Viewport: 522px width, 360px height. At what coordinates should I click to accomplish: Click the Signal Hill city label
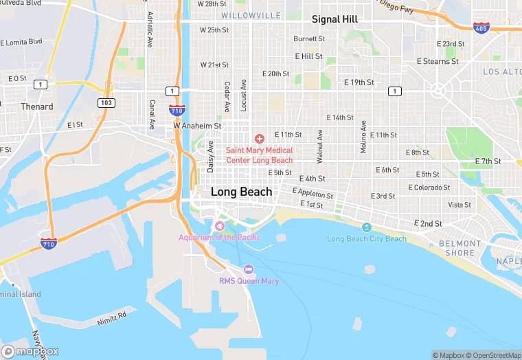coord(334,19)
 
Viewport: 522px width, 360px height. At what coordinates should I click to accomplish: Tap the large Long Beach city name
coord(241,192)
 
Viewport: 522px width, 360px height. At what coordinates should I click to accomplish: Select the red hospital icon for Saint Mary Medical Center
coord(260,139)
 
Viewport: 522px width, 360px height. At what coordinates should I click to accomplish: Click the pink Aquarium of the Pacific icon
coord(220,226)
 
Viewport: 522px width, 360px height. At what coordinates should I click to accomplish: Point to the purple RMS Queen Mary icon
coord(249,269)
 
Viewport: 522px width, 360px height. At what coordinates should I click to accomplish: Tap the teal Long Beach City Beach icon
coord(366,227)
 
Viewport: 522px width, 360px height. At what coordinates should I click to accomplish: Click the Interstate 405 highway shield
coord(481,27)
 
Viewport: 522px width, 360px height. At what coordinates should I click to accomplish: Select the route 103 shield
coord(106,102)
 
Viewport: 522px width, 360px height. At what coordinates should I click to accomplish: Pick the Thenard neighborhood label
coord(37,106)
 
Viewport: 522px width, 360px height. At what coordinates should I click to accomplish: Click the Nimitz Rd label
coord(112,316)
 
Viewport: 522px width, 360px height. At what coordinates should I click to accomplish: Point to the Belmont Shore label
coord(459,248)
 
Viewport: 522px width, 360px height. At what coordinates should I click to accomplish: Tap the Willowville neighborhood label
coord(251,15)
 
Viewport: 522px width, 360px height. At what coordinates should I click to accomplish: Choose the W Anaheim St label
coord(197,126)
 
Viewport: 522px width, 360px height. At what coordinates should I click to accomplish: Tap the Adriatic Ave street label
coord(149,29)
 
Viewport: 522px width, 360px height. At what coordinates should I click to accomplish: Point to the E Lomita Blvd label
coord(22,42)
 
